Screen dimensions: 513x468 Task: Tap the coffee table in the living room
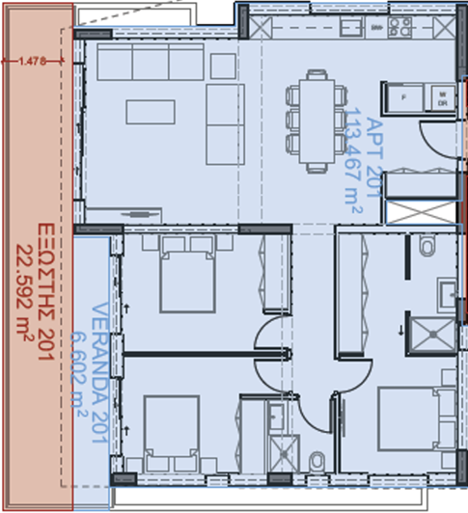pyautogui.click(x=151, y=112)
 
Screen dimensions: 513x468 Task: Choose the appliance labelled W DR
pyautogui.click(x=441, y=97)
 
